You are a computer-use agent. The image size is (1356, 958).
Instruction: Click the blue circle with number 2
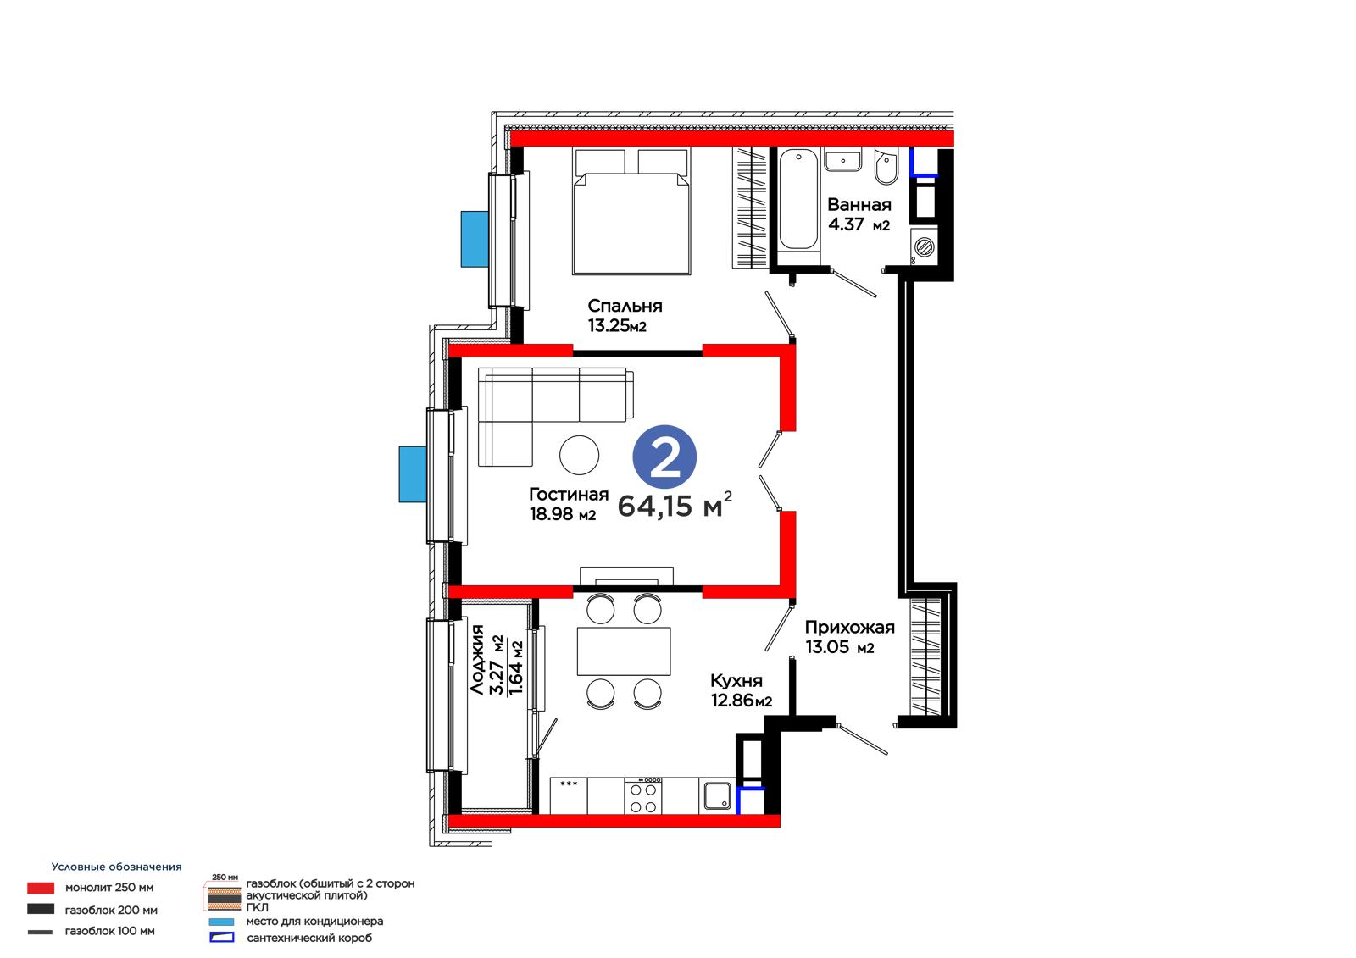click(x=664, y=457)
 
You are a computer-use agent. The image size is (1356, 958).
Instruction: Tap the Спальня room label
click(x=625, y=307)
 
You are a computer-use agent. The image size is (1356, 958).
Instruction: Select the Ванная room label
click(x=859, y=204)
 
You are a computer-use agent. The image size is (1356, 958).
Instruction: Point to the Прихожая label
click(x=849, y=627)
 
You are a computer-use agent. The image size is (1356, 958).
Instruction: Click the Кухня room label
click(x=736, y=681)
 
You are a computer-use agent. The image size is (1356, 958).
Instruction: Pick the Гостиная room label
click(x=569, y=495)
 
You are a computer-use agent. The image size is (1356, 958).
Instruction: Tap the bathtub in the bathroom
click(x=797, y=200)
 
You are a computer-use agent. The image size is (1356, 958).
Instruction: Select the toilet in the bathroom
click(x=886, y=165)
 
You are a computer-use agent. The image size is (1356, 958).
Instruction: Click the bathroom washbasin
click(x=842, y=160)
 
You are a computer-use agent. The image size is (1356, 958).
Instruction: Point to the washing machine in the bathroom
click(x=924, y=246)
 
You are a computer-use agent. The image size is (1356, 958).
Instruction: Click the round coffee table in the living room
click(x=579, y=455)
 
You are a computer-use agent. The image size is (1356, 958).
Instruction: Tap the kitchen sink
click(x=717, y=796)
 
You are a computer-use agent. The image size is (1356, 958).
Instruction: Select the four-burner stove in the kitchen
click(x=643, y=798)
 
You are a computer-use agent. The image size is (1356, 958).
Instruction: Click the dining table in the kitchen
click(x=624, y=651)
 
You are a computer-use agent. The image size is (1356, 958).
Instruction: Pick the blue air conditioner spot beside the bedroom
click(x=475, y=239)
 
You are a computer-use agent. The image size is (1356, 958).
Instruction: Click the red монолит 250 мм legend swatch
click(x=41, y=888)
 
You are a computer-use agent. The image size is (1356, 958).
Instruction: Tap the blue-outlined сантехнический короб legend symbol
click(x=221, y=938)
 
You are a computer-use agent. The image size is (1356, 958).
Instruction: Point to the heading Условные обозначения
click(x=116, y=867)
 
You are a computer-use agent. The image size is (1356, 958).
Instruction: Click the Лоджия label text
click(x=477, y=659)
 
